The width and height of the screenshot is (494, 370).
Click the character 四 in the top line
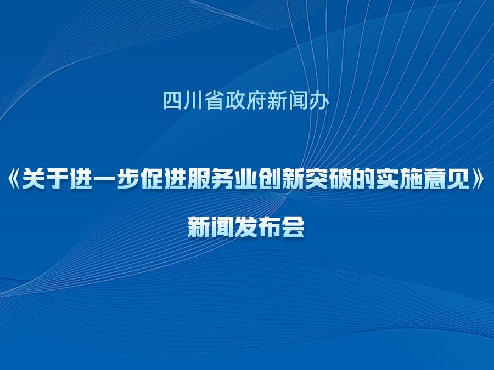[173, 100]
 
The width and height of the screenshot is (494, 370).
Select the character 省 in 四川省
[215, 100]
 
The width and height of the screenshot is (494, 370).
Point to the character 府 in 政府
[256, 100]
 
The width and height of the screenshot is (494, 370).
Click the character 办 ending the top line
[319, 100]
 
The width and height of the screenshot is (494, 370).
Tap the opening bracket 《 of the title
[14, 180]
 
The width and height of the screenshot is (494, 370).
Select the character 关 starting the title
[33, 180]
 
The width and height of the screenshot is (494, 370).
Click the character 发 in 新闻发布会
[246, 226]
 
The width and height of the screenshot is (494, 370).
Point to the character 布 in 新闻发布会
[270, 226]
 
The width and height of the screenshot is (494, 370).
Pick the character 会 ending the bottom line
[293, 226]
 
